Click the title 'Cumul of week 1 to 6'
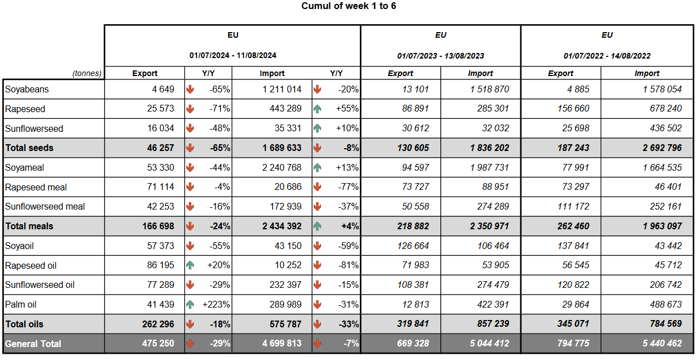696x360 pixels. coord(349,6)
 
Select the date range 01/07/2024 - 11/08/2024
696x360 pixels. coord(233,55)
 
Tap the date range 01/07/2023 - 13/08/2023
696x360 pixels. coord(440,56)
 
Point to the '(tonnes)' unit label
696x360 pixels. coord(87,73)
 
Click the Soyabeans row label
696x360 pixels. coord(26,89)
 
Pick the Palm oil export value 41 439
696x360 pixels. coord(160,304)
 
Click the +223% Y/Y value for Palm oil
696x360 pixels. coord(216,304)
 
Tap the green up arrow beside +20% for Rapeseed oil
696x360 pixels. coord(190,265)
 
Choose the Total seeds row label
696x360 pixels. coord(29,148)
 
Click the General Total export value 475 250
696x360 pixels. coord(158,344)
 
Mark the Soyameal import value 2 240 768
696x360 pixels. coord(282,167)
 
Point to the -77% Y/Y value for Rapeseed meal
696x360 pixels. coord(349,187)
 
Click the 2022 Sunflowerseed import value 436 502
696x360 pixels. coord(666,128)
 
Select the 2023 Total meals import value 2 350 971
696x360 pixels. coord(489,226)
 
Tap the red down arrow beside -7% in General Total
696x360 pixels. coord(317,344)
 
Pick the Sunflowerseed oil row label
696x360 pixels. coord(40,285)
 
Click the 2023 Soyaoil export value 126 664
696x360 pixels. coord(413,246)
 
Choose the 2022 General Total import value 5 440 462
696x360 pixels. coord(662,344)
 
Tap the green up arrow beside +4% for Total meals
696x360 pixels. coord(317,226)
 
